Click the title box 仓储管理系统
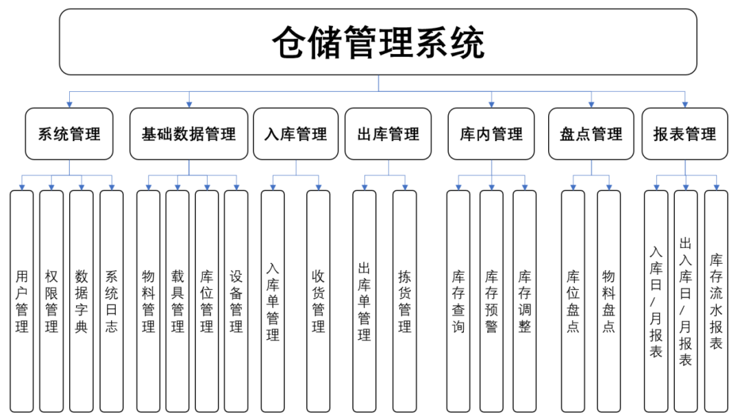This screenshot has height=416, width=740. point(378,42)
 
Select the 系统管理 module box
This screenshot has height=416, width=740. point(69,134)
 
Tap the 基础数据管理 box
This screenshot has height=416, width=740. point(189,134)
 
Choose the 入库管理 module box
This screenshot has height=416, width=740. point(296,134)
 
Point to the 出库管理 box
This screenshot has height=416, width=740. point(388,134)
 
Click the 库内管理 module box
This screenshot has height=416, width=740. point(491,134)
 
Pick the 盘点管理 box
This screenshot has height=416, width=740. point(591,134)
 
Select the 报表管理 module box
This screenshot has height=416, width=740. point(684,134)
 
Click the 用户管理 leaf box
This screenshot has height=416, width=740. point(22,302)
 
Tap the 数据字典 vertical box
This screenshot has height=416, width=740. point(81,302)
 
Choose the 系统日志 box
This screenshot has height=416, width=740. point(112,302)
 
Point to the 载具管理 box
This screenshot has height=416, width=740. point(177,302)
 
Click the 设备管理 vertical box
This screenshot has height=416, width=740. point(236,302)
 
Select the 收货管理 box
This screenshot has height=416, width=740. point(318,302)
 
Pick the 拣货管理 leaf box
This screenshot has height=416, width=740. point(404,302)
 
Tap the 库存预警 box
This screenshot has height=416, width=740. point(491,302)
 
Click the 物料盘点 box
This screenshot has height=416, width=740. point(609,302)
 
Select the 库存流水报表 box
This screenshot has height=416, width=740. point(716,302)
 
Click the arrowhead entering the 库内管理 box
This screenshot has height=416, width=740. point(491,104)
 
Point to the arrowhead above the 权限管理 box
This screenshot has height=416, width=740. point(51,187)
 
